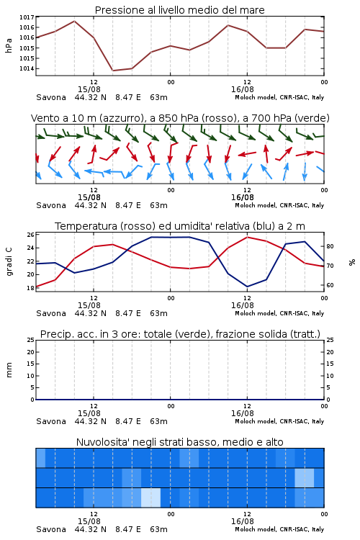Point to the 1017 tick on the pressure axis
pos(27,17)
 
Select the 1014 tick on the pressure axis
pos(27,68)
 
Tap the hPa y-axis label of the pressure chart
pos(9,45)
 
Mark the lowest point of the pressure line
pos(112,71)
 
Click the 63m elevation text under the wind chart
pos(159,205)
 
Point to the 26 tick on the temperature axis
pos(30,235)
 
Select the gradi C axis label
pos(9,262)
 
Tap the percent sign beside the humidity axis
pos(352,262)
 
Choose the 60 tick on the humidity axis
pos(330,285)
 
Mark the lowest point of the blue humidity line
pos(247,287)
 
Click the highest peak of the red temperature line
pos(247,237)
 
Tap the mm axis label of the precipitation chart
pos(9,370)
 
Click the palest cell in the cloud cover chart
pos(151,498)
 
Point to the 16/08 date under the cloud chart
pos(242,521)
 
